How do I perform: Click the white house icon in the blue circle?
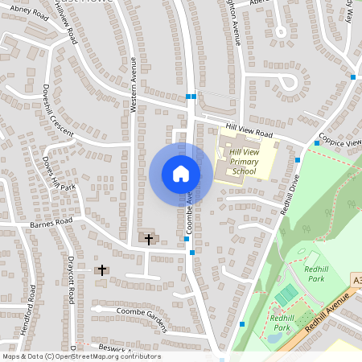(x=180, y=174)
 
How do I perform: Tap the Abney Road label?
(x=31, y=14)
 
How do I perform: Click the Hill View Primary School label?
(x=243, y=161)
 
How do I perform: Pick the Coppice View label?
(x=339, y=140)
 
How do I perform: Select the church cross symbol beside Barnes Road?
(x=148, y=238)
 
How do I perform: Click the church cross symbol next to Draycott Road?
(x=102, y=270)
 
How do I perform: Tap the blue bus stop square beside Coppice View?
(x=317, y=143)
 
